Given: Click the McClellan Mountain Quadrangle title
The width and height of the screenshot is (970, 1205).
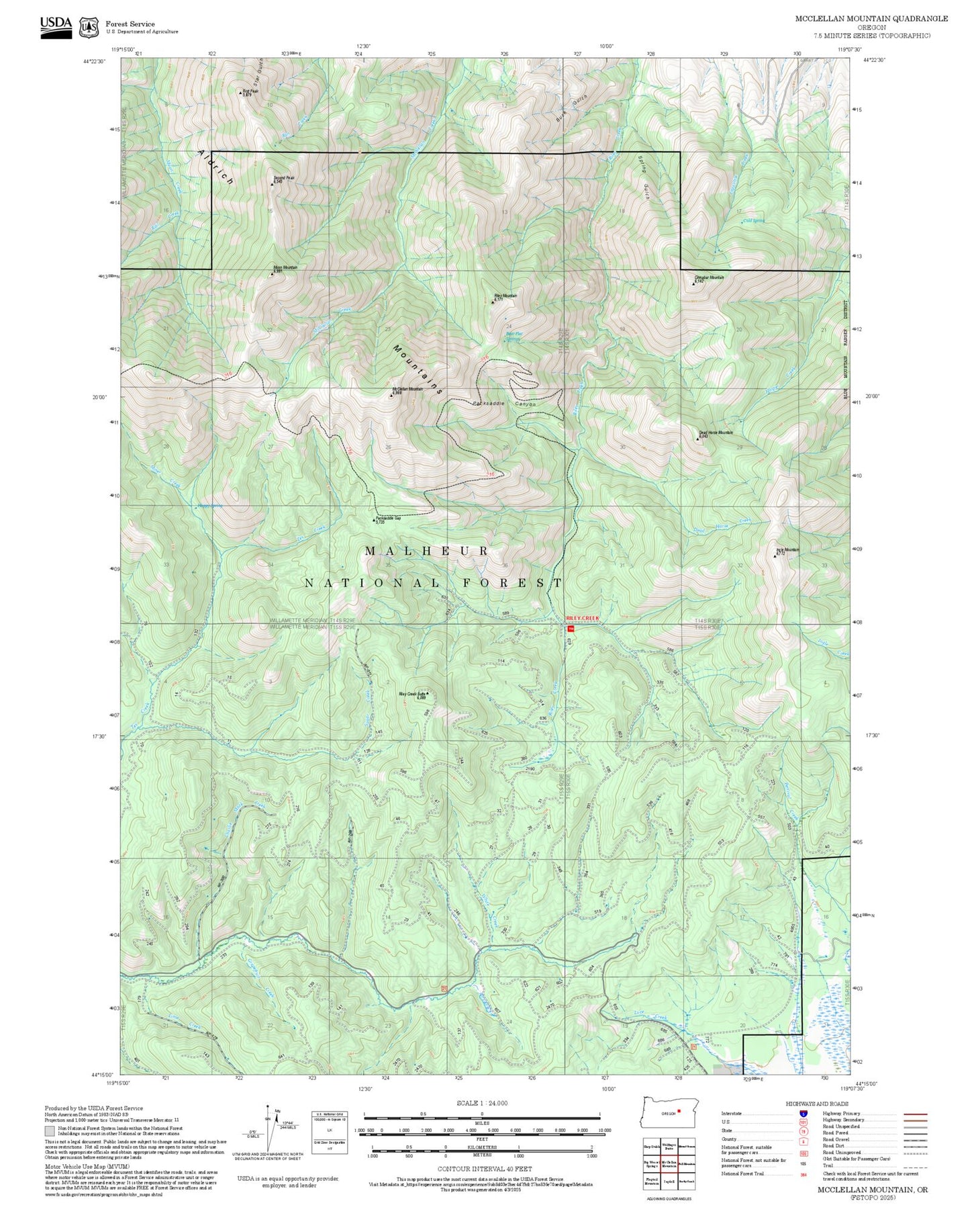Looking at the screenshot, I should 871,19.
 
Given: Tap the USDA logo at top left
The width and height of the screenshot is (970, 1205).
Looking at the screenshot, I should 56,26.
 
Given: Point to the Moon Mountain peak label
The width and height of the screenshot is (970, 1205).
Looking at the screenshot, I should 285,268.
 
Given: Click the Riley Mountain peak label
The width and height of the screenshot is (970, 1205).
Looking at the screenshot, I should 505,296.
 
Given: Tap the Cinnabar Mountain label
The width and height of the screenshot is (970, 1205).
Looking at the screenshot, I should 709,278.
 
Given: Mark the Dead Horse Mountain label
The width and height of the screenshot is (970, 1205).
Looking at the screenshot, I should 715,434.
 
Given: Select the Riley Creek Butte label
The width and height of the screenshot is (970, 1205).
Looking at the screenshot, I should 413,695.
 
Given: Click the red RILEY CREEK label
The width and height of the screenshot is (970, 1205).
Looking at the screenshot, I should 581,617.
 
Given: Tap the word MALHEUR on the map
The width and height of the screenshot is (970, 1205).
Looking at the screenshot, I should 427,551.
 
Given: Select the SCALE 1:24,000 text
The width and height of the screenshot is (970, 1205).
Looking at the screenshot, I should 481,1104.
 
